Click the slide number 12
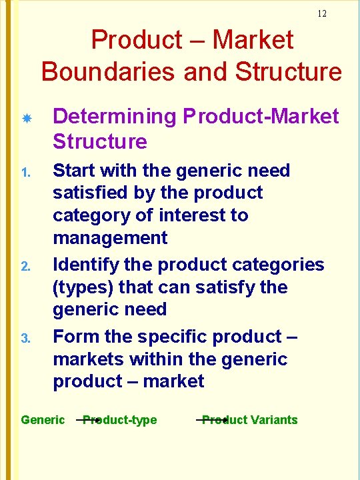click(322, 13)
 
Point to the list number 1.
click(26, 172)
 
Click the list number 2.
click(26, 267)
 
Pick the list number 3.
click(26, 339)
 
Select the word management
click(111, 238)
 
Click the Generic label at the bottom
click(43, 420)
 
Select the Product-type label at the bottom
click(121, 420)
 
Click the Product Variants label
click(250, 420)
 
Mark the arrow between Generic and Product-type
click(89, 421)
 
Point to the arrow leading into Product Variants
click(207, 421)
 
